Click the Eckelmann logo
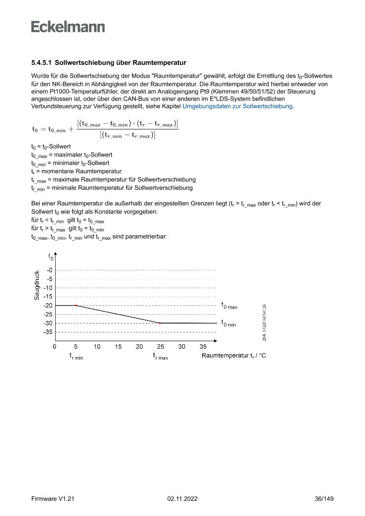tap(68, 27)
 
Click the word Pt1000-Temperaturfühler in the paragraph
tap(73, 91)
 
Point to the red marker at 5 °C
tap(76, 305)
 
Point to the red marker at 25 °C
tap(160, 323)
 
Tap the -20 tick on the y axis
tap(48, 305)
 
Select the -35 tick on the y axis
tap(48, 332)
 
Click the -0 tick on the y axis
tap(49, 270)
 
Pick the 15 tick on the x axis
tap(118, 347)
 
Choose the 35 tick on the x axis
tap(203, 347)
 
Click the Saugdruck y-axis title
tap(37, 286)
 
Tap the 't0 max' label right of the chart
tap(229, 305)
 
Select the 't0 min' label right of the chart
tap(229, 324)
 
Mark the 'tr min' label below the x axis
tap(76, 356)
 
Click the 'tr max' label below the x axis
tap(160, 356)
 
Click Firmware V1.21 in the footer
tap(53, 499)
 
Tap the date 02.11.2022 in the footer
tap(182, 499)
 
